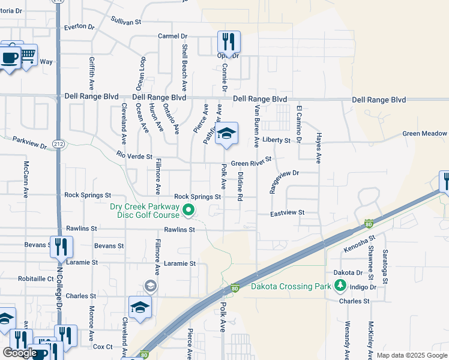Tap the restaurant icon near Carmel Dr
pos(229,42)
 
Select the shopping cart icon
pos(27,56)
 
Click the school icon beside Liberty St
pos(227,134)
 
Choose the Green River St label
pos(252,162)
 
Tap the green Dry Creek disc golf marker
pos(188,210)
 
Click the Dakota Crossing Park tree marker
pos(340,285)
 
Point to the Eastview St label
pos(288,213)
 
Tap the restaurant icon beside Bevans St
pos(61,247)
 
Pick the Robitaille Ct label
pos(35,279)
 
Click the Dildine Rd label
pos(240,186)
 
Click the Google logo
pos(20,353)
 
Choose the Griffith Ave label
pos(92,73)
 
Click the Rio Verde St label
pos(135,155)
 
